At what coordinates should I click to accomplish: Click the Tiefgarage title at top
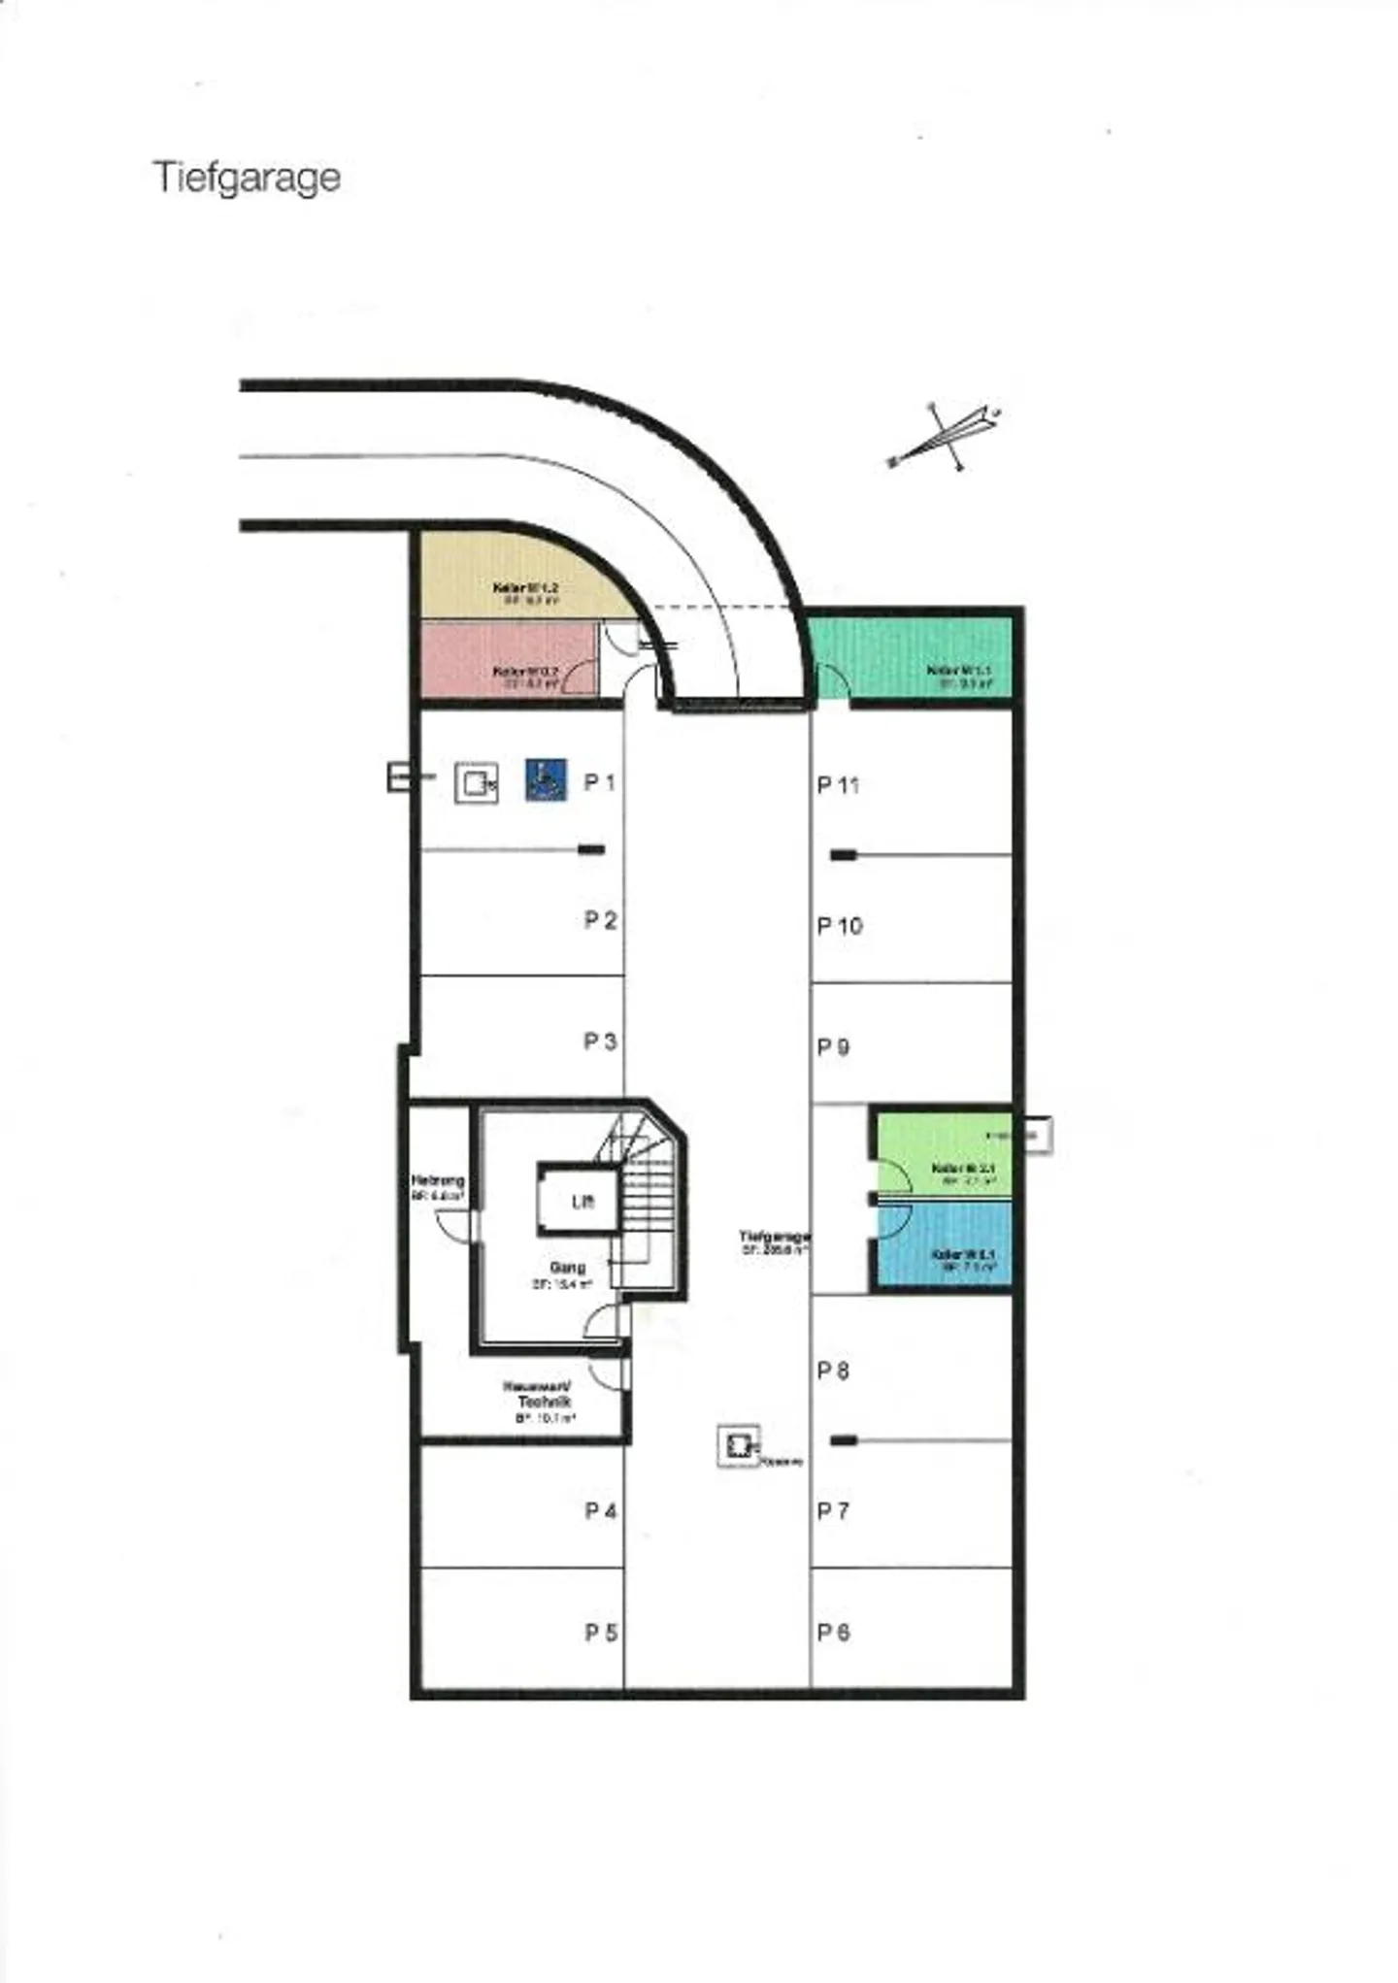point(247,178)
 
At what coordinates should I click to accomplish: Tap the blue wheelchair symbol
point(546,779)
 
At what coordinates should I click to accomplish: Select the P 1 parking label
point(600,782)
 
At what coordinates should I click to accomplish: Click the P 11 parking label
point(838,784)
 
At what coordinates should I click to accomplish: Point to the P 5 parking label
point(601,1633)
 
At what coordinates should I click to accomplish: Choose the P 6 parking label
point(833,1633)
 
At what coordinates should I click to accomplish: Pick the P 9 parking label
point(833,1046)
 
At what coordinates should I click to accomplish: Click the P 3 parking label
point(600,1041)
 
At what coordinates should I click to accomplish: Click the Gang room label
point(568,1268)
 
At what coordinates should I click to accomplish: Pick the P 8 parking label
point(833,1371)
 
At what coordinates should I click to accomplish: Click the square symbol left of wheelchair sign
point(476,782)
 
